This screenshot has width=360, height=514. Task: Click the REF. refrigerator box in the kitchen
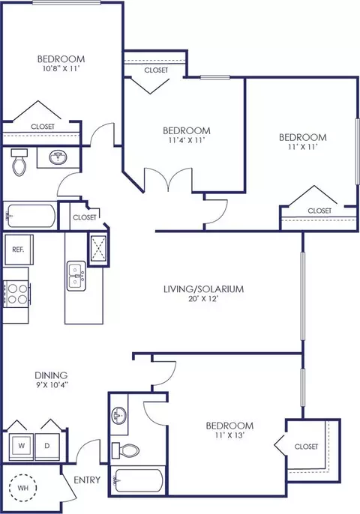pos(19,249)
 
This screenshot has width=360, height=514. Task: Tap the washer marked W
pos(21,446)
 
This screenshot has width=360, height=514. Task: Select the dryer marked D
pos(47,446)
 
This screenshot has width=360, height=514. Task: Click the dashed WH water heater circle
pos(22,488)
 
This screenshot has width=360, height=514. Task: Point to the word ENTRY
pos(87,480)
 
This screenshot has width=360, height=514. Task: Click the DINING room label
pos(51,375)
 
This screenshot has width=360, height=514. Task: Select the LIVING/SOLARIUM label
pos(204,288)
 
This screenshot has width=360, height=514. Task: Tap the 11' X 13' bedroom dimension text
pos(229,435)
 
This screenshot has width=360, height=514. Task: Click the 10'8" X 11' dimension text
pos(58,68)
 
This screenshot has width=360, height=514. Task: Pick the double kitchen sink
pos(76,276)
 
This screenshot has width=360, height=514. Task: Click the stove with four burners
pos(16,294)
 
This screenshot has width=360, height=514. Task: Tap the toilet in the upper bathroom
pos(19,162)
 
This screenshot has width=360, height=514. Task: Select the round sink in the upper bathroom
pos(58,157)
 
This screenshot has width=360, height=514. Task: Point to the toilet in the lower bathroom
pos(125,450)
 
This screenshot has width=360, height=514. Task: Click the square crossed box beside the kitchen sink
pos(98,248)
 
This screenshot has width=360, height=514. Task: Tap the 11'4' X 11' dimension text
pos(187,140)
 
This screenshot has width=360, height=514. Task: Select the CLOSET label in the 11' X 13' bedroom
pos(306,447)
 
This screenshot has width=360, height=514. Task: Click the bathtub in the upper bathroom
pos(31,216)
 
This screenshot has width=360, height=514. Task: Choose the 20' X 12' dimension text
pos(203,299)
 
